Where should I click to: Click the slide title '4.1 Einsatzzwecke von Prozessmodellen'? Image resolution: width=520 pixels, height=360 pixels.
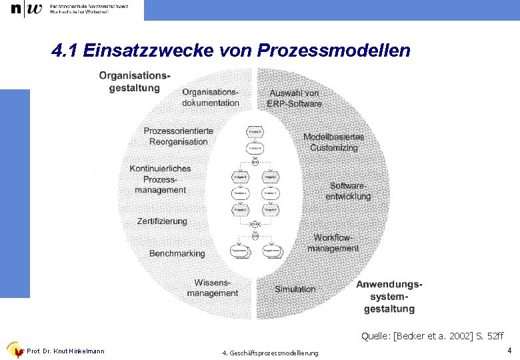point(231,51)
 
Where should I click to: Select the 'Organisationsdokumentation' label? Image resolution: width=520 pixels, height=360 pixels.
point(210,97)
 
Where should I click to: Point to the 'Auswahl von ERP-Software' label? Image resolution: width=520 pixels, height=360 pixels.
point(294,98)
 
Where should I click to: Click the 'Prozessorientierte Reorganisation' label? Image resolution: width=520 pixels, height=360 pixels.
point(178,136)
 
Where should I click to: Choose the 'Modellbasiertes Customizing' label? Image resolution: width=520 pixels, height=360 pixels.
point(333,142)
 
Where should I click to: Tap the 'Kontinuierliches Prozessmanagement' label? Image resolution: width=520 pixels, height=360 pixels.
point(160,179)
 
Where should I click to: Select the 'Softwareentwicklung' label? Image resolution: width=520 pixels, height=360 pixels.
point(348,191)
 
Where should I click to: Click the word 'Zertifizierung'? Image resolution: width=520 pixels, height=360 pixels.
point(162,221)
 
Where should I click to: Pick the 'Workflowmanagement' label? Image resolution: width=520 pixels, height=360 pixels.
point(333,243)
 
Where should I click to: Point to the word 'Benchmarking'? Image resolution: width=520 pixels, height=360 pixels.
point(177,253)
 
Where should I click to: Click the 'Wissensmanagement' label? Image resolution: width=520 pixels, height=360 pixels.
point(212,288)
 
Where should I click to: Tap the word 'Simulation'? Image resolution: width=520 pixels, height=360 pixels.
point(295,289)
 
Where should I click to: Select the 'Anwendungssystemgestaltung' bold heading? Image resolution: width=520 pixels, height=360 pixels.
point(389,297)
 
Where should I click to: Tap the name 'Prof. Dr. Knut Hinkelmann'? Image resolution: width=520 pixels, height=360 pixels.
point(65,351)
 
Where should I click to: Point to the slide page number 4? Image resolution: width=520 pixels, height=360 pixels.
point(509,350)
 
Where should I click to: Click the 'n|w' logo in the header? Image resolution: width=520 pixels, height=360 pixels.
point(26,9)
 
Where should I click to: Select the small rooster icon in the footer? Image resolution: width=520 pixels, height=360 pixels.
point(14,350)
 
